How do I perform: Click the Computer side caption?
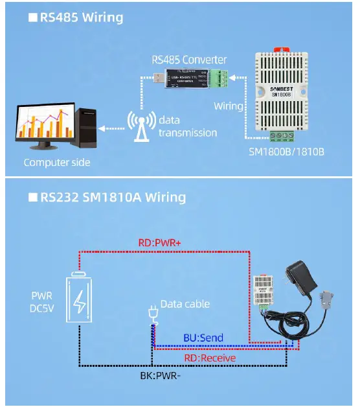point(56,162)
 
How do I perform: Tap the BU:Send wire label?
point(203,338)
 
